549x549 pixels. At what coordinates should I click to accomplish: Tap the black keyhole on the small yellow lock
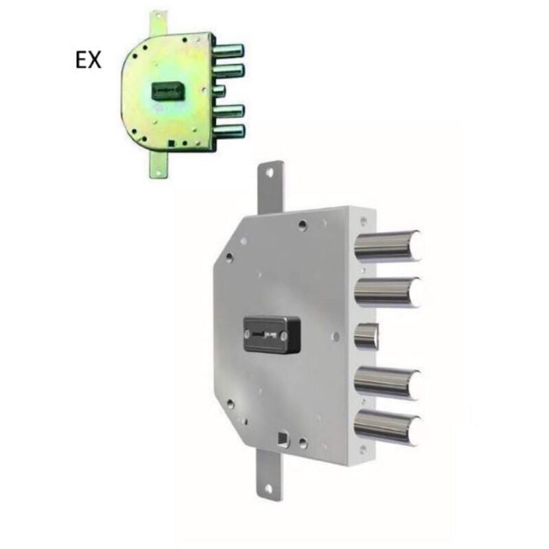(x=167, y=91)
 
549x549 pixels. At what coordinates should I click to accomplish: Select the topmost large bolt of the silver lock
(x=388, y=245)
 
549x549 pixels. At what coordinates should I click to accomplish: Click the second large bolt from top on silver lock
(x=388, y=291)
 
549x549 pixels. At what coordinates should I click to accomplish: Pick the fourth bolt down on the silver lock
(x=387, y=382)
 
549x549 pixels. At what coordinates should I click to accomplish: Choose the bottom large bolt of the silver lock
(x=388, y=428)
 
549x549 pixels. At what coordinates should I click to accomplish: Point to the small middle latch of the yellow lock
(x=220, y=90)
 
